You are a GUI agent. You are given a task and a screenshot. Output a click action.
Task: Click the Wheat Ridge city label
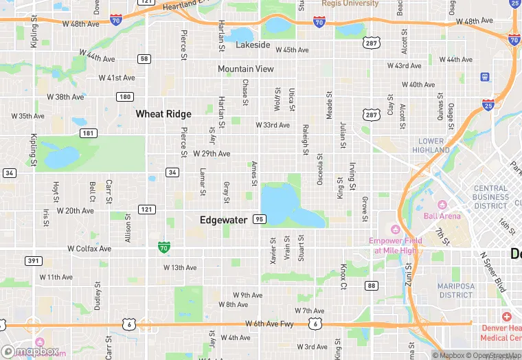[163, 113]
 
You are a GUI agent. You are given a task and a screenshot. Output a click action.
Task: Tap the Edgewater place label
[223, 220]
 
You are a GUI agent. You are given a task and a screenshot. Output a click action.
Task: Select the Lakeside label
[253, 45]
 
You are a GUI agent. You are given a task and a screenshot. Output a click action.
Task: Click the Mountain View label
[246, 69]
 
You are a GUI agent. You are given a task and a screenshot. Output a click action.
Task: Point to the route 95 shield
[259, 219]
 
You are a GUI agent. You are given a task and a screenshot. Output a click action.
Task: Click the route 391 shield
[33, 260]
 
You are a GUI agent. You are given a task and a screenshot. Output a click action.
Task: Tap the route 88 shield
[372, 285]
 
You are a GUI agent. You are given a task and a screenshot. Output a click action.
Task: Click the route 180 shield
[124, 97]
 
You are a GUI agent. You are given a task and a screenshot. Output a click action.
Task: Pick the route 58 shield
[144, 59]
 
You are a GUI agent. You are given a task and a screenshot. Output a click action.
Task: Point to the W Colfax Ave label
[89, 249]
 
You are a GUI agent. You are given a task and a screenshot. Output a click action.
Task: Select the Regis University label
[350, 3]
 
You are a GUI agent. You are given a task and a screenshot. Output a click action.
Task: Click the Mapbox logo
[31, 351]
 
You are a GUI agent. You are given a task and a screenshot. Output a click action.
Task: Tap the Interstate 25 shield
[488, 105]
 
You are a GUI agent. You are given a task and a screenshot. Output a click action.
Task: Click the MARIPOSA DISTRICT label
[456, 290]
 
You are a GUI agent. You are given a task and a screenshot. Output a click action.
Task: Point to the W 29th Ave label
[212, 153]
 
